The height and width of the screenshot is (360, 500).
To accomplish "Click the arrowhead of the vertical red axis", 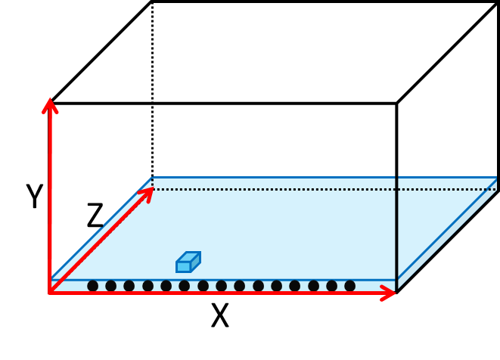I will click(x=50, y=104).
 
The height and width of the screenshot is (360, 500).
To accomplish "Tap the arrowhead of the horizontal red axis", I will click(x=389, y=293).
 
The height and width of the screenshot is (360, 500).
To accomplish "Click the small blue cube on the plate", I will click(x=187, y=262).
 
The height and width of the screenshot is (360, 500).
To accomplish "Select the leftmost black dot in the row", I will click(x=92, y=286).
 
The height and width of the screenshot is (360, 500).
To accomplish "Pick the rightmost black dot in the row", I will click(x=349, y=286).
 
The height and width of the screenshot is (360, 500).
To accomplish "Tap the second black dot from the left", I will click(x=110, y=286).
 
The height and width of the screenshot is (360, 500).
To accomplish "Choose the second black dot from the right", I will click(x=331, y=286).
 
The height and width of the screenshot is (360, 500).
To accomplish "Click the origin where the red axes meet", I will click(x=50, y=292).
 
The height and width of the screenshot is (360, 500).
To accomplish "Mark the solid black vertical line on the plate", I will click(x=396, y=227).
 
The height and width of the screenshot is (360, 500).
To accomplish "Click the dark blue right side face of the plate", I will click(x=446, y=234).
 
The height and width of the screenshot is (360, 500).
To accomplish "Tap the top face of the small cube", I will click(x=189, y=257).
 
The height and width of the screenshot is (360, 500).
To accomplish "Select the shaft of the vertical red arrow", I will click(x=50, y=197).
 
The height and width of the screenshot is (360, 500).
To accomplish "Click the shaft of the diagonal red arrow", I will click(x=98, y=242).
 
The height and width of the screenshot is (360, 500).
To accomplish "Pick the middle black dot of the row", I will click(x=221, y=286).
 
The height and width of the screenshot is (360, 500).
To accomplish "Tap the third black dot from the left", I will click(x=129, y=286).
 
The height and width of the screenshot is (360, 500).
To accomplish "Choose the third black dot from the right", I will click(x=313, y=286).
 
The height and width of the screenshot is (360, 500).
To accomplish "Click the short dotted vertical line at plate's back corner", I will click(x=152, y=183).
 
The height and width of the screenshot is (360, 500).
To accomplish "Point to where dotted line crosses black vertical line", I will click(x=396, y=189).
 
